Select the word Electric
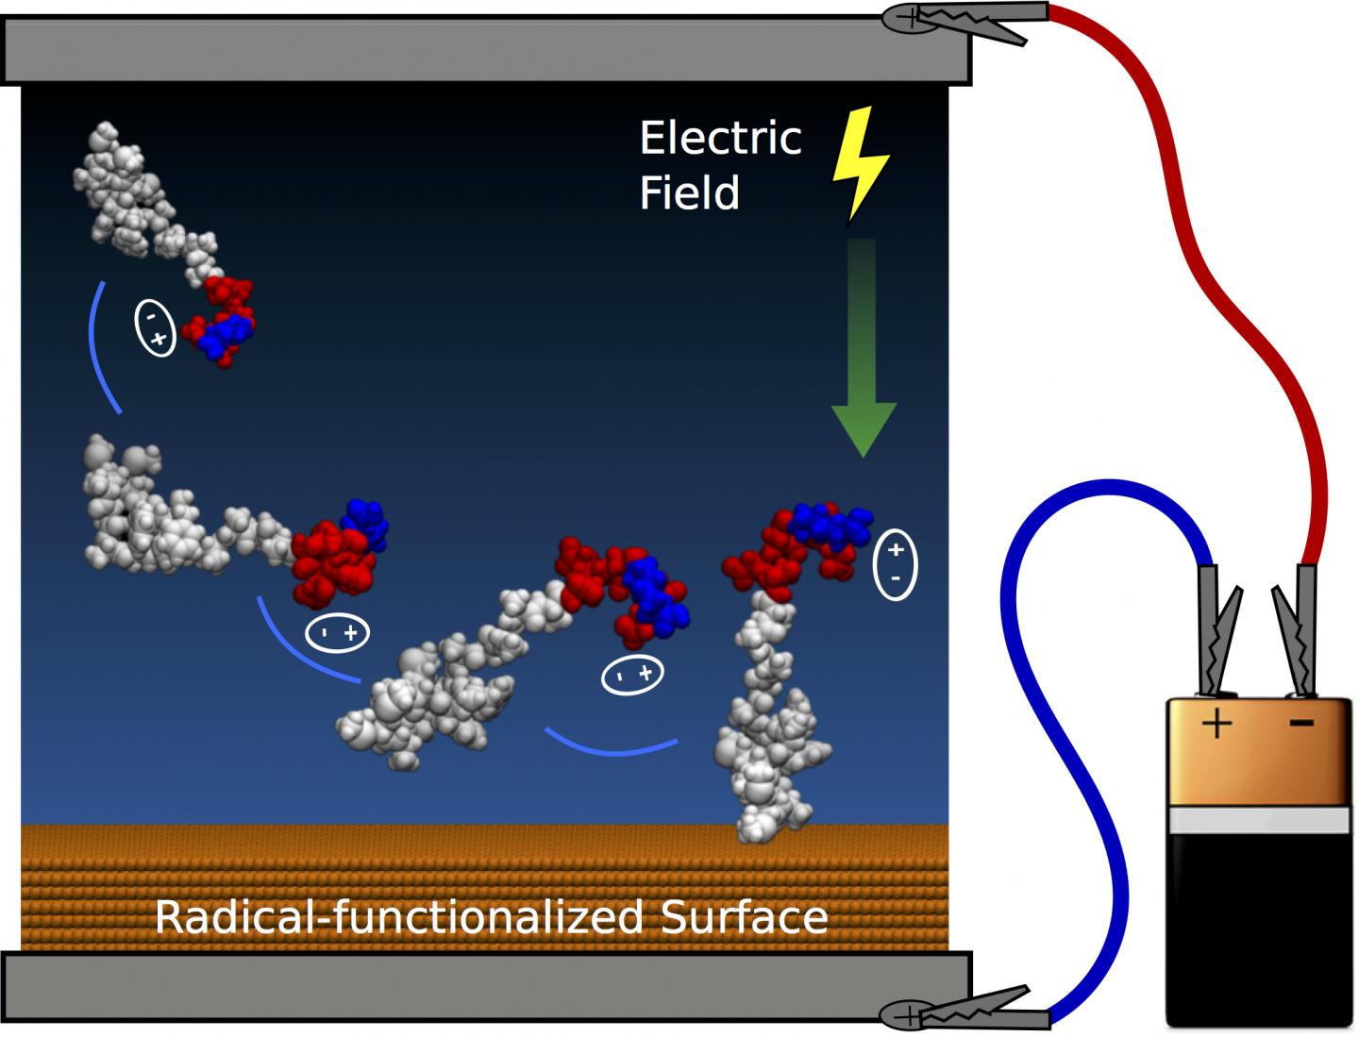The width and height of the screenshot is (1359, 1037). click(x=720, y=139)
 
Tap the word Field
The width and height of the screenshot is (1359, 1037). click(x=689, y=193)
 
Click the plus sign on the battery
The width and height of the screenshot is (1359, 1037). click(x=1216, y=725)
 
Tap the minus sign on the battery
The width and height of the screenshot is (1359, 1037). click(x=1301, y=724)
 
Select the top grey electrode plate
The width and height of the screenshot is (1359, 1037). click(x=486, y=50)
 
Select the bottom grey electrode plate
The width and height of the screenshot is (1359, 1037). click(x=486, y=986)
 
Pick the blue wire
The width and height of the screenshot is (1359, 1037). click(x=1085, y=755)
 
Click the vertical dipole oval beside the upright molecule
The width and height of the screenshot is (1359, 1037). click(x=895, y=563)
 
